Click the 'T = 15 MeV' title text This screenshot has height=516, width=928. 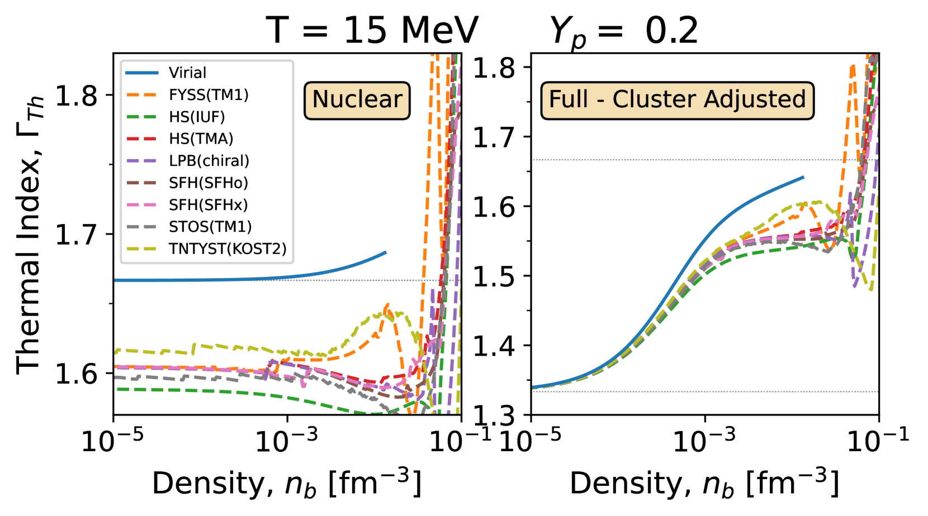[372, 30]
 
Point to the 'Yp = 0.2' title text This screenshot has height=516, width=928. [624, 31]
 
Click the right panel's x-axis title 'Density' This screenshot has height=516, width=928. [704, 483]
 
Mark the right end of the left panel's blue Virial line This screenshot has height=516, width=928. [386, 252]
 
